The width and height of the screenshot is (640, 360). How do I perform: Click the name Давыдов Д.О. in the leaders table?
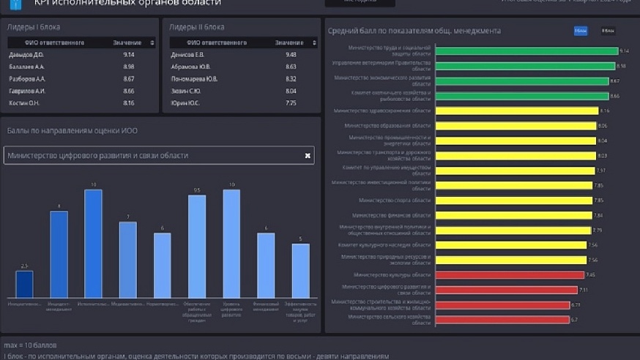26,55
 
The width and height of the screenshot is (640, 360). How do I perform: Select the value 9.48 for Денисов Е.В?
291,55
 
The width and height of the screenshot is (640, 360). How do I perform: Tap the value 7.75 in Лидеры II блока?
291,103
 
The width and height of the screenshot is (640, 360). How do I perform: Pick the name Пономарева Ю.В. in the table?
194,79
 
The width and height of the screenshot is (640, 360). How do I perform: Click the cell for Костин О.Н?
24,103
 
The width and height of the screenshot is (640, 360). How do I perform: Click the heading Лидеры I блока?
34,27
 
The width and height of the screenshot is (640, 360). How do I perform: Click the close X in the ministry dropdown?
308,155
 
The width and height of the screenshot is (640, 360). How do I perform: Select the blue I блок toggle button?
581,31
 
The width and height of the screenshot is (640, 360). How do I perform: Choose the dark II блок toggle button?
607,31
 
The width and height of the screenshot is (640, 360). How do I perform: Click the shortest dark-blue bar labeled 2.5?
25,284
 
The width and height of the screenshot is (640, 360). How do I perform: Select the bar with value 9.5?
197,246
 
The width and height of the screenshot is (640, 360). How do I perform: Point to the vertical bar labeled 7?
128,259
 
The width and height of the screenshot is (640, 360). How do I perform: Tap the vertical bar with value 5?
300,270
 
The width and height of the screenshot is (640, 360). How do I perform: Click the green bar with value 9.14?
526,51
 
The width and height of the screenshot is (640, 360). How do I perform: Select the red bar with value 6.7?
502,320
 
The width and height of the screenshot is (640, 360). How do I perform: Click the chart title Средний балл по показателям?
414,31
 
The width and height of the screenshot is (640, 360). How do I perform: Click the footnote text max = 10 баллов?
31,345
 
